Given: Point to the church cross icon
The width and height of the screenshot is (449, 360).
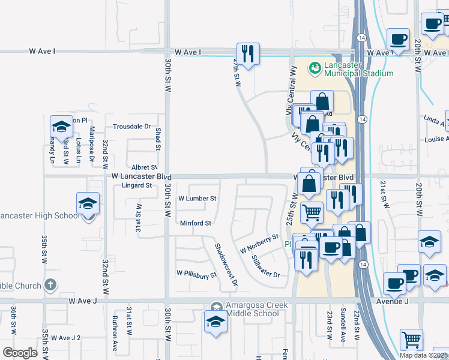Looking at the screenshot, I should pos(52,286).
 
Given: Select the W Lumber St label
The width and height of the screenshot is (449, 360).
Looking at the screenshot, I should pos(197,198).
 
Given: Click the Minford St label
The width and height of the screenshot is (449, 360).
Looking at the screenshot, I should pos(196,223).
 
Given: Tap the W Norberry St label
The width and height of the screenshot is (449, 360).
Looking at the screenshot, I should pos(260,244).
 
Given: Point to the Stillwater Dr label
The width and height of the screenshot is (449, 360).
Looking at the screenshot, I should pos(266,266).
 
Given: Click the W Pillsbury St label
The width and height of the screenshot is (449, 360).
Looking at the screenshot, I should pos(196,275).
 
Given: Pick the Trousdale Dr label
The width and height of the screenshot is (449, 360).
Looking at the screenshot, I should pos(131,127).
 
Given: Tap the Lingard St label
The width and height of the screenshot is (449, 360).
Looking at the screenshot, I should pos(137,185).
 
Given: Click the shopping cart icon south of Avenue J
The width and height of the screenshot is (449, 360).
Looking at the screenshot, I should pos(412,340).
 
